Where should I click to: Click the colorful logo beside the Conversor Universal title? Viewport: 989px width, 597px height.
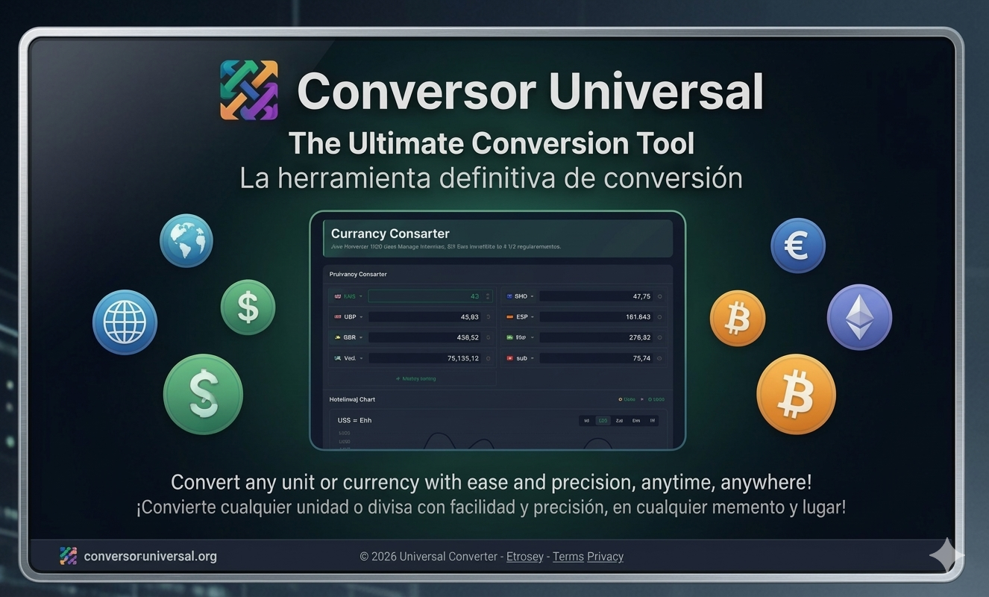(249, 90)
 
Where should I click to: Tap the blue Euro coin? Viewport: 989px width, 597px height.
(797, 246)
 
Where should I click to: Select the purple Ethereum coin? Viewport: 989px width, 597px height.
(859, 317)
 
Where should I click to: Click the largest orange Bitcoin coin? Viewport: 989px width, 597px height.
(796, 394)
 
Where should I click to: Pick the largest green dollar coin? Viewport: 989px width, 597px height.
(203, 394)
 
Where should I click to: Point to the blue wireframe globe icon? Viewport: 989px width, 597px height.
(125, 322)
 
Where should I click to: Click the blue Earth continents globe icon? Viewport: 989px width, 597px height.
(186, 240)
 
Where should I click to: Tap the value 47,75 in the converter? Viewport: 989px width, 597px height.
(641, 296)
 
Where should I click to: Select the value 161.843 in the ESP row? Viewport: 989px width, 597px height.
(638, 317)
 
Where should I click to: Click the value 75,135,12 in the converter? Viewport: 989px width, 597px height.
(462, 358)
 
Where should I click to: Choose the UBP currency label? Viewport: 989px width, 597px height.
(350, 317)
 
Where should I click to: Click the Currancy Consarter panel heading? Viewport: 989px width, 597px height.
(390, 234)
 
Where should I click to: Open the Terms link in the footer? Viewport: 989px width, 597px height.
(568, 557)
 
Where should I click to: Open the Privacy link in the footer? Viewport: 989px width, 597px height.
(605, 557)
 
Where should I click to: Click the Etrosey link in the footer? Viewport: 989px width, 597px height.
(524, 557)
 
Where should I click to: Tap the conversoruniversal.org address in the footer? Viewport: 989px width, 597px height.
(150, 557)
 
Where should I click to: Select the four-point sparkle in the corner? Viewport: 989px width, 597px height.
(946, 556)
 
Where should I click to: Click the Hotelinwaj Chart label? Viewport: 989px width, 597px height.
(352, 400)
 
